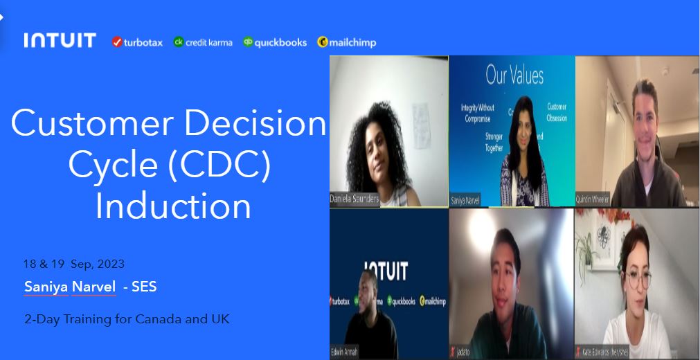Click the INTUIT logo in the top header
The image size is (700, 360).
[x=60, y=41]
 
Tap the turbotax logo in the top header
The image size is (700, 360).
[x=137, y=42]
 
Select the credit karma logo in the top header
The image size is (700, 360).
[x=203, y=42]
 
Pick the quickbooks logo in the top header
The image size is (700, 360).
[x=275, y=42]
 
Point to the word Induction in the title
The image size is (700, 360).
[x=173, y=206]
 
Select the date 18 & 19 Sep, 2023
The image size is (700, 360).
[x=74, y=264]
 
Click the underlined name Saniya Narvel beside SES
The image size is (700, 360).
[x=70, y=286]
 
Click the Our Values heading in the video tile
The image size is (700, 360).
[x=514, y=75]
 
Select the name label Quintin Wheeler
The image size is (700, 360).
[x=593, y=199]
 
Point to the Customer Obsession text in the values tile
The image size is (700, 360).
[x=557, y=112]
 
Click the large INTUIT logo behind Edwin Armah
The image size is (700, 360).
[x=385, y=270]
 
